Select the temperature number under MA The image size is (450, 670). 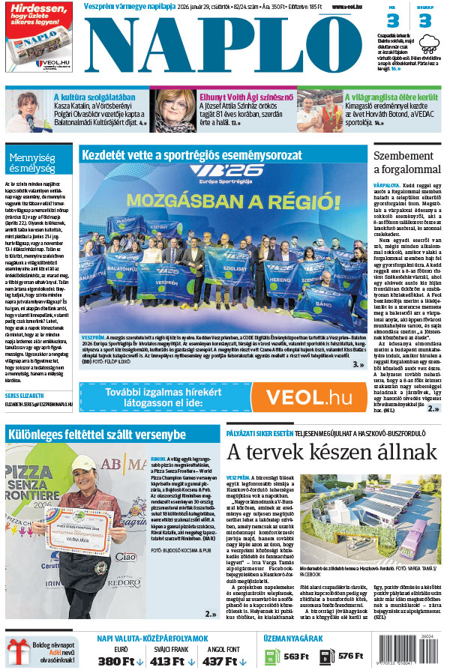click(x=392, y=21)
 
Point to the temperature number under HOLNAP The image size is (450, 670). click(x=425, y=21)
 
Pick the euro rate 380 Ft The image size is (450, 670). click(x=115, y=662)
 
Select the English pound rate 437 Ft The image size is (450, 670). click(x=220, y=662)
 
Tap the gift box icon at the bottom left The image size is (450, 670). click(x=17, y=651)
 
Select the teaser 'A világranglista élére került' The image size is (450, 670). click(x=391, y=97)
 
